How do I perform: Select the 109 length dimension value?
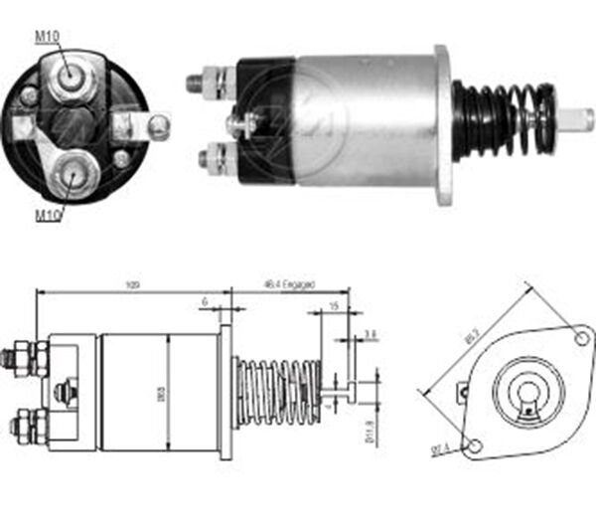[x=131, y=285]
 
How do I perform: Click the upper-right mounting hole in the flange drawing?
[x=583, y=339]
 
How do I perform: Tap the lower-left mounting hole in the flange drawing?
[x=476, y=445]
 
